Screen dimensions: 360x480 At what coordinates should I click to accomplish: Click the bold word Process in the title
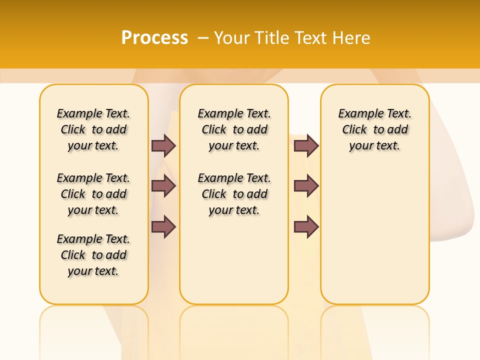tap(154, 37)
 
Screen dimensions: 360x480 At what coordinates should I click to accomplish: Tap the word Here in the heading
tap(352, 38)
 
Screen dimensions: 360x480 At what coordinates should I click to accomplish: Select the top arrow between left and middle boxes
tap(163, 145)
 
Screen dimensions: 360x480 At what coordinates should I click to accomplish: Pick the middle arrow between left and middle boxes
tap(163, 186)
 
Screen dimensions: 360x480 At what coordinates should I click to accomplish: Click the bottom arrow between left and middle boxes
tap(163, 226)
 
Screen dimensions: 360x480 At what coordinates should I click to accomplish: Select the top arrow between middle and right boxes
tap(306, 145)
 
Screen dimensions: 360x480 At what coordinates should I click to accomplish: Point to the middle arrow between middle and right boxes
tap(306, 186)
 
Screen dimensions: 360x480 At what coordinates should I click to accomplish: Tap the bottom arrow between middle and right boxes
tap(306, 226)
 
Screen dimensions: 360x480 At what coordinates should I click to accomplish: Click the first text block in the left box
tap(93, 129)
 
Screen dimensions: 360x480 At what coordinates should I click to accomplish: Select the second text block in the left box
tap(93, 194)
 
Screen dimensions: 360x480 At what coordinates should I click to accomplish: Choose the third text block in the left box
tap(93, 255)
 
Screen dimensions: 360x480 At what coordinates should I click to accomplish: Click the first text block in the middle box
tap(234, 129)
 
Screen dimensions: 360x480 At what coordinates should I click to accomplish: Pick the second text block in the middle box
tap(234, 194)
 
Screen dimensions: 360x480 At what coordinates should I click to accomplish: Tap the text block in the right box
tap(375, 129)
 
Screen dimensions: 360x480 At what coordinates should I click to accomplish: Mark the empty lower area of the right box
tap(375, 235)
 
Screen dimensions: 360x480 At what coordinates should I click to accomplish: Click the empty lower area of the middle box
tap(234, 260)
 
